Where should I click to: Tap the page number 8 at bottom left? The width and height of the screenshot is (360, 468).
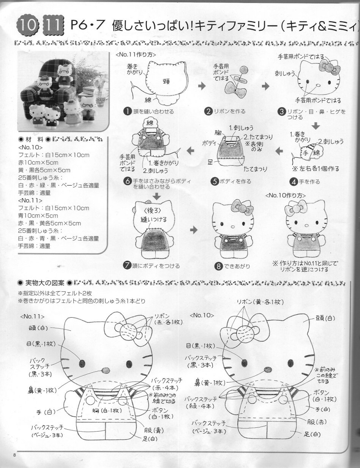14,455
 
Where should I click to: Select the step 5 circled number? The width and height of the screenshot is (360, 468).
215,181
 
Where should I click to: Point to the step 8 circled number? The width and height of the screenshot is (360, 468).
219,266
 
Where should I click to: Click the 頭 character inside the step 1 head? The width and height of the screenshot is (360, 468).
166,80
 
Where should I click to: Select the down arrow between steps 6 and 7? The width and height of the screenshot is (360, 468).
156,196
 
